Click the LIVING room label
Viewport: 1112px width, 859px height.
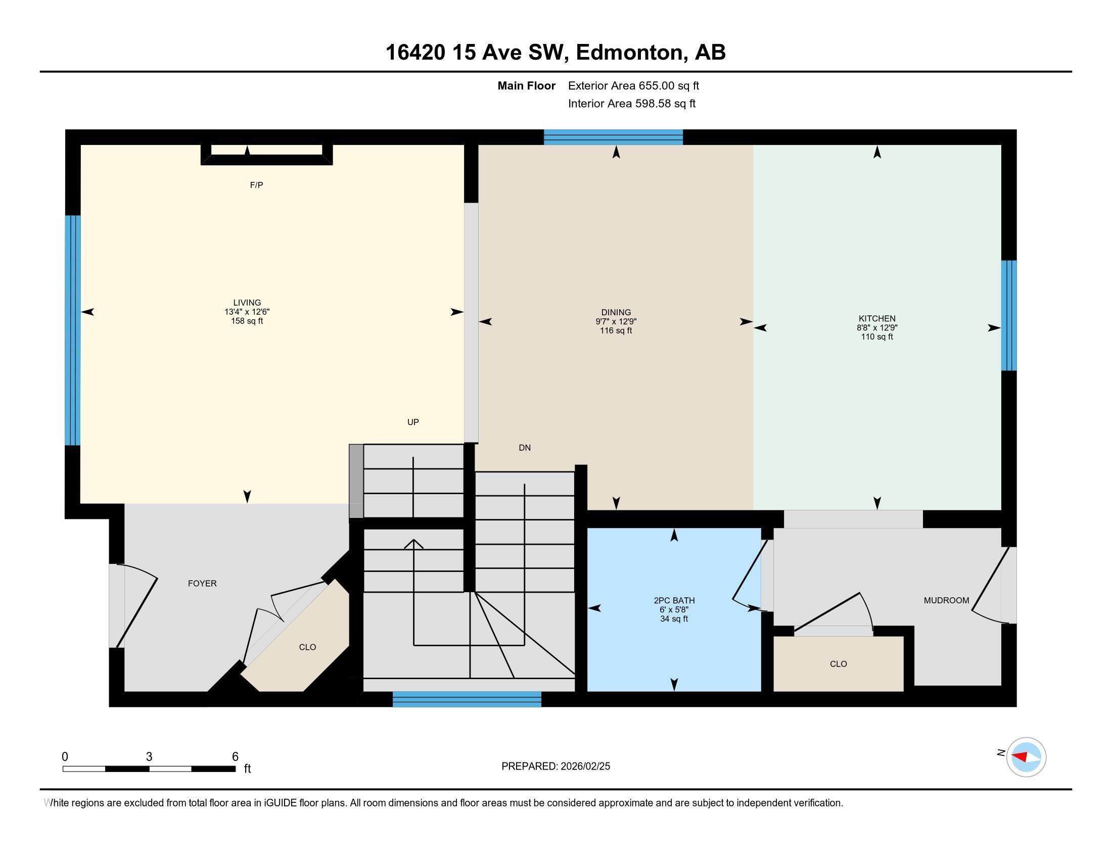coord(247,302)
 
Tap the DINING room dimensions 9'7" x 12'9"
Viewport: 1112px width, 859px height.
coord(616,321)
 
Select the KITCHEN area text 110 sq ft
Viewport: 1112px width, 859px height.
coord(876,337)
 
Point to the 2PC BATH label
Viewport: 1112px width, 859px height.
coord(674,600)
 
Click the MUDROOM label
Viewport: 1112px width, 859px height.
coord(946,600)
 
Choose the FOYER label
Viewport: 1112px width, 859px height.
coord(202,584)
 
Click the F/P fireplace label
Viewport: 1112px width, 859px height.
coord(256,185)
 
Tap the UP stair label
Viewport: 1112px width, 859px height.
coord(413,422)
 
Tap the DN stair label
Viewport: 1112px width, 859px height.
coord(525,448)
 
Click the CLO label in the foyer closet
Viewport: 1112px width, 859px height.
coord(307,647)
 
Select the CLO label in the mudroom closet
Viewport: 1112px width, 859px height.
coord(838,664)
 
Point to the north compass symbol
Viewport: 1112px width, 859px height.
coord(1026,757)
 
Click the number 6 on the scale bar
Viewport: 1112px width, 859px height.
coord(235,757)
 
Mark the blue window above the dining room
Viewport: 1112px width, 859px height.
coord(613,137)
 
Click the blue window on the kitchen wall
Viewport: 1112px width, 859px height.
coord(1009,315)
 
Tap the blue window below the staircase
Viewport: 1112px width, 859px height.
coord(467,699)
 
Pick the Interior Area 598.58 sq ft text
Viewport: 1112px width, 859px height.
coord(631,104)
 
